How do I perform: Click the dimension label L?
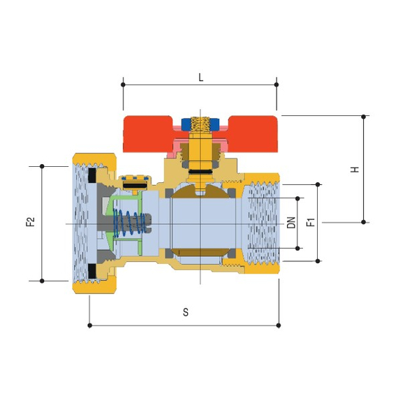point(201,78)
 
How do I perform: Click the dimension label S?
point(186,312)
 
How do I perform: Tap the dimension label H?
point(355,169)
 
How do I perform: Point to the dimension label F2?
point(30,221)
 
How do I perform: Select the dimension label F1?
point(311,222)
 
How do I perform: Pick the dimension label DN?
point(291,223)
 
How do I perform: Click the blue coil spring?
point(129,223)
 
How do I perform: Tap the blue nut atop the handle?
point(200,124)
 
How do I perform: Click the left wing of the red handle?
point(149,134)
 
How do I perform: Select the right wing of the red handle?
point(253,134)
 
